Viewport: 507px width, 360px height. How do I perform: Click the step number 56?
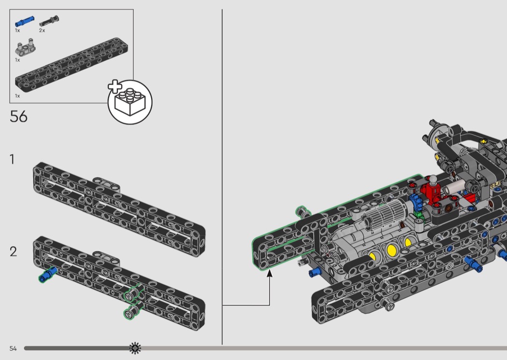[x=18, y=116]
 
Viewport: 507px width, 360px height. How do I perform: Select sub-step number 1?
[x=12, y=159]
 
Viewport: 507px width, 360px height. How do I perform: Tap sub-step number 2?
[x=13, y=252]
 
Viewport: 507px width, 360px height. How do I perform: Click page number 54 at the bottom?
[x=13, y=348]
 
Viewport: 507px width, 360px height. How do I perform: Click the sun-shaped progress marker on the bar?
[x=135, y=348]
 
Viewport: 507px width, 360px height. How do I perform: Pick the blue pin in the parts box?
[x=24, y=21]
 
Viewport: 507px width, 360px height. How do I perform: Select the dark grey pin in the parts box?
[x=49, y=21]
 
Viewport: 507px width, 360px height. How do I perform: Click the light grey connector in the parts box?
[x=25, y=47]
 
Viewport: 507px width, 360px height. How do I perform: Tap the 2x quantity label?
[x=42, y=30]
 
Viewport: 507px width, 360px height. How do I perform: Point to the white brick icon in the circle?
[x=130, y=101]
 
